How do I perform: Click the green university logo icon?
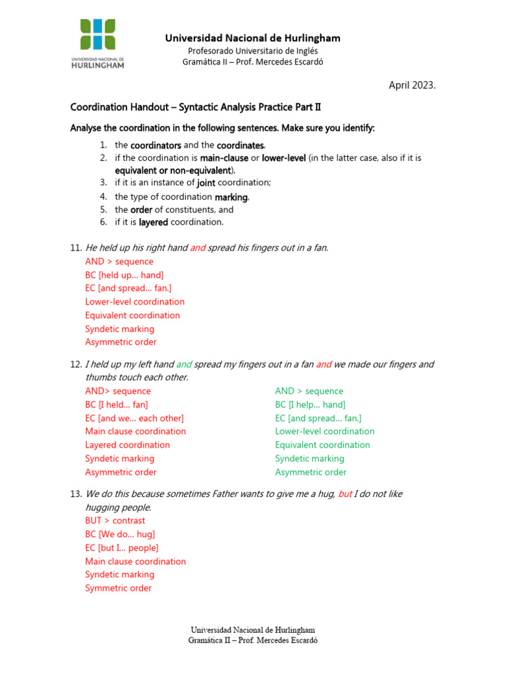(98, 34)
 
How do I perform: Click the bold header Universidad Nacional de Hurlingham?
(252, 38)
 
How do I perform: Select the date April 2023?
(412, 85)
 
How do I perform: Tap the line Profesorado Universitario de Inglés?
(252, 51)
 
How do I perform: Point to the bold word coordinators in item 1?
(155, 144)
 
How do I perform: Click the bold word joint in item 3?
(206, 183)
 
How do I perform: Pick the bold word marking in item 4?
(231, 196)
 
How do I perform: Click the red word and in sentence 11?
(198, 248)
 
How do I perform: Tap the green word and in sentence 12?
(184, 364)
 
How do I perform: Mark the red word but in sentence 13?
(345, 494)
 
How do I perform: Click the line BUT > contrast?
(115, 520)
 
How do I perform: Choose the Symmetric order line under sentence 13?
(118, 588)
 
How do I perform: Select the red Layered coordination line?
(127, 445)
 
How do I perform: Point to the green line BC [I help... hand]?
(310, 405)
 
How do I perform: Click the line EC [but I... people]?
(122, 548)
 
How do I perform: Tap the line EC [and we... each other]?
(134, 418)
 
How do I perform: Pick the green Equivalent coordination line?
(322, 445)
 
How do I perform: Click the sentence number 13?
(76, 494)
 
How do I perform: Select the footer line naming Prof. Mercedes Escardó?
(252, 640)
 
